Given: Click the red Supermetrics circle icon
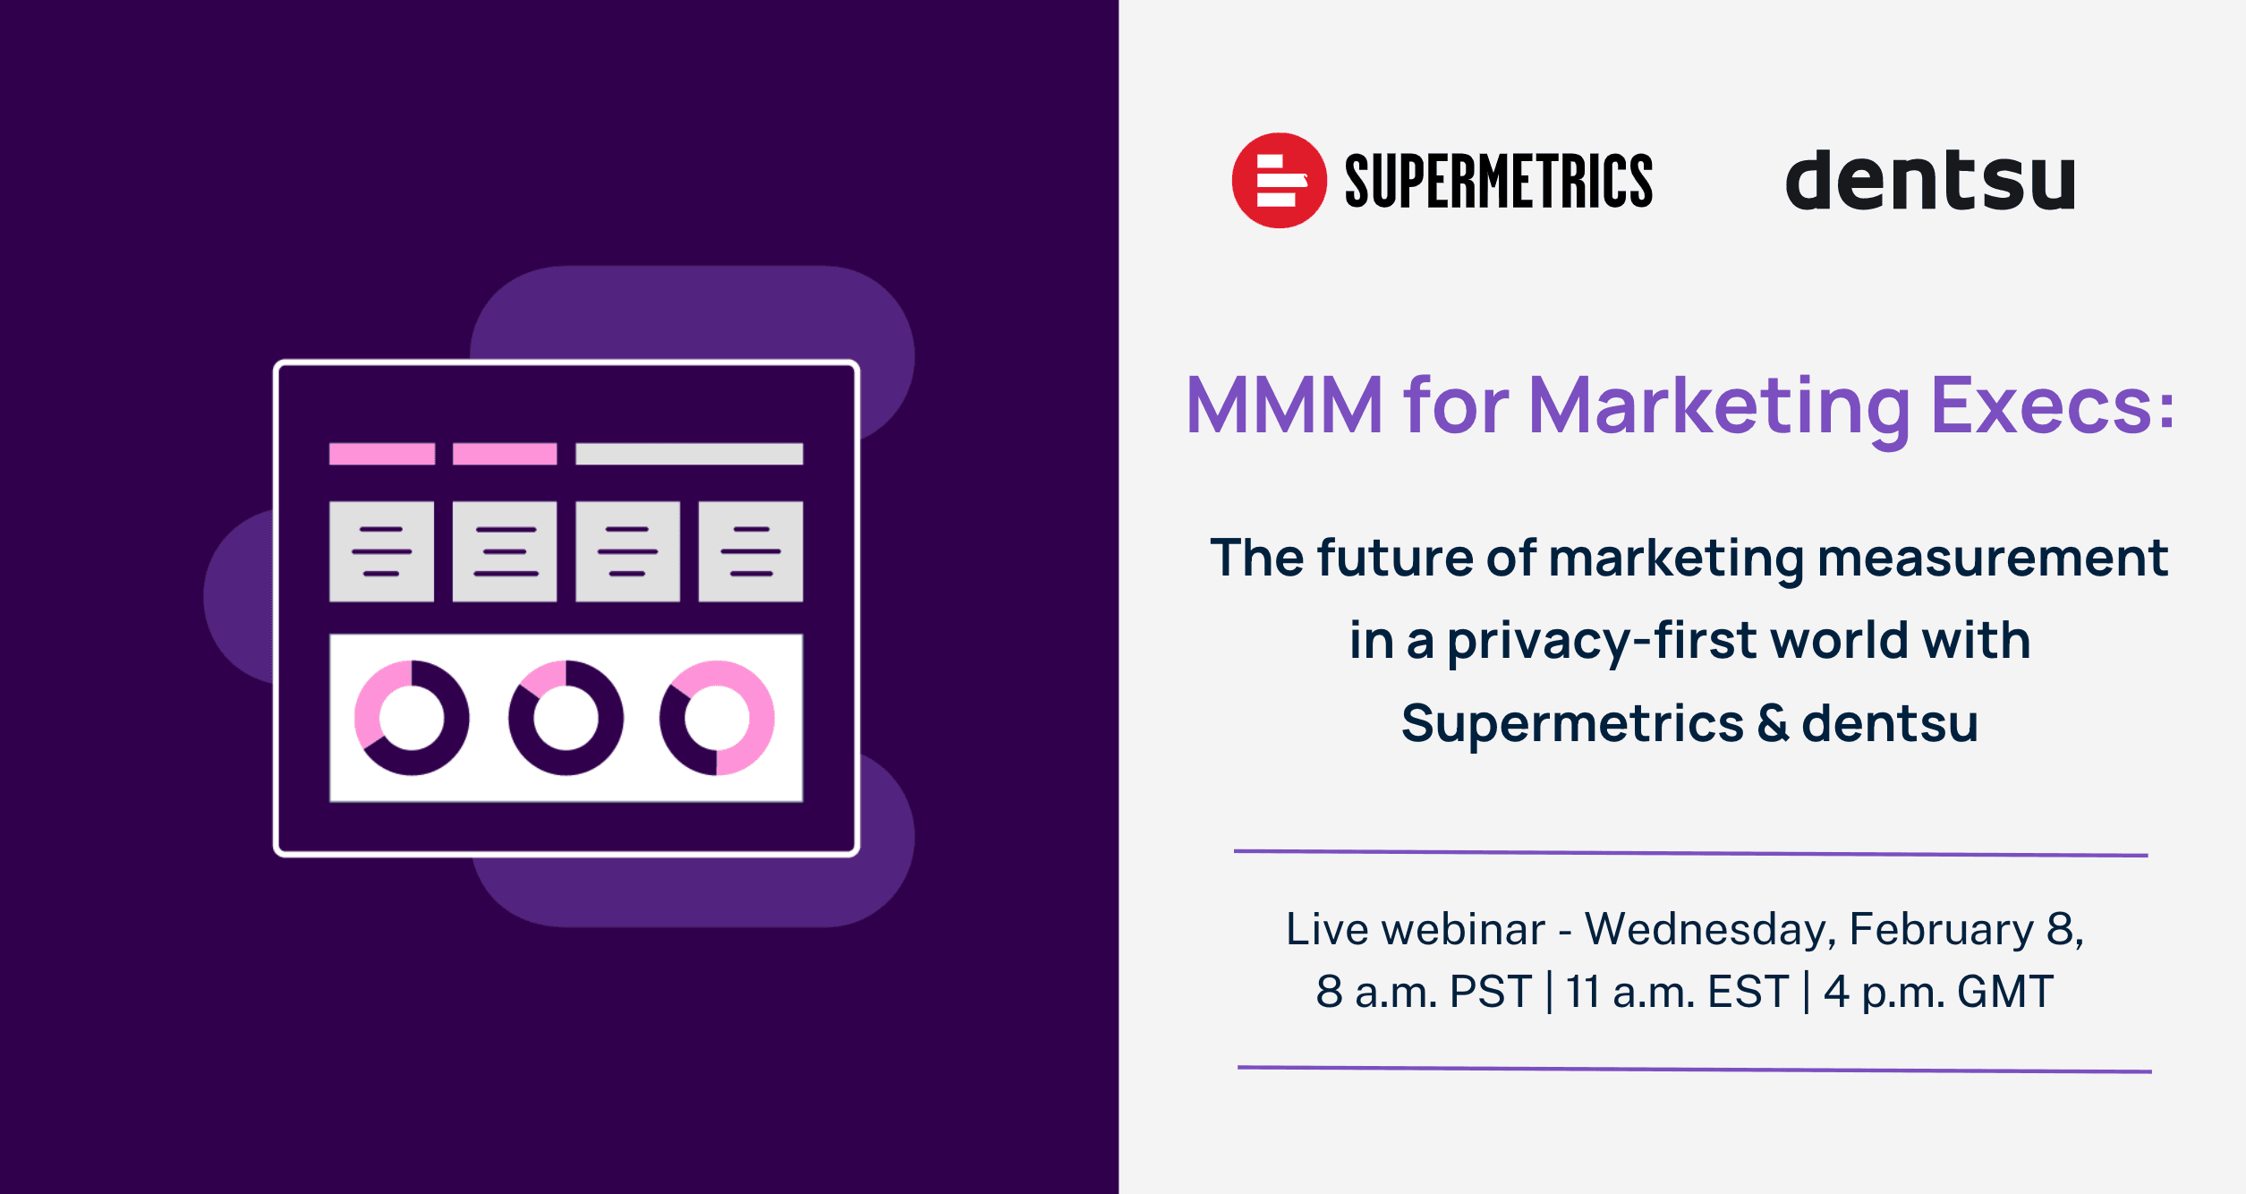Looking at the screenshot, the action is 1279,180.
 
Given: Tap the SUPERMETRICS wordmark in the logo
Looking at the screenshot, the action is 1499,181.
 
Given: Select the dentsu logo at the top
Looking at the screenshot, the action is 1930,181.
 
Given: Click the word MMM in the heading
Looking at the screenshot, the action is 1284,405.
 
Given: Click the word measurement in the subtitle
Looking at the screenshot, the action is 1993,559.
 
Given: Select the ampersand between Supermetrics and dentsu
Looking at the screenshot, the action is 1773,723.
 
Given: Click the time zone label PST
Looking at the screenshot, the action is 1491,992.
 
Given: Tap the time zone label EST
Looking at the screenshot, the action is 1748,992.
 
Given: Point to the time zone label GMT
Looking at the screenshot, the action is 2005,992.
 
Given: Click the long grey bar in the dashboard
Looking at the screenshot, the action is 689,454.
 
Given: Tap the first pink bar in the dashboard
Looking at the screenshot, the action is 382,454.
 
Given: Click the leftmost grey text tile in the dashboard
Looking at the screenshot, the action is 382,551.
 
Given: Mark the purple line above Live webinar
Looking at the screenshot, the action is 1691,853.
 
